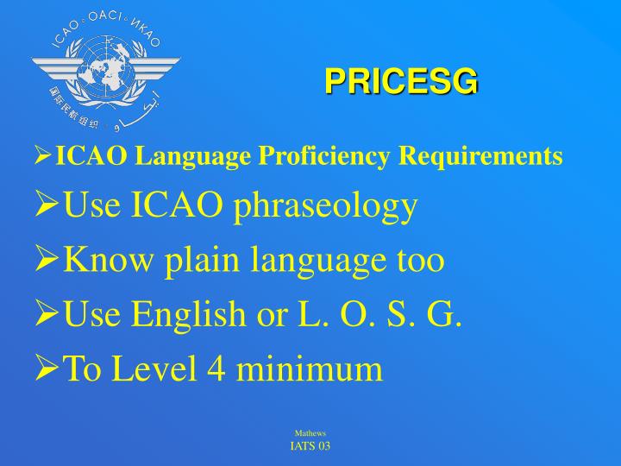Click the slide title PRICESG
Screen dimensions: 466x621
(401, 81)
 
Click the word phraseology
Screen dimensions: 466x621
(332, 207)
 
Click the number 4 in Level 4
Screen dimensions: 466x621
(214, 368)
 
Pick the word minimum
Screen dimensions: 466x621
(310, 368)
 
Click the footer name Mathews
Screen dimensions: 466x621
(310, 433)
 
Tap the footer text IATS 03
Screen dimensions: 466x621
(310, 445)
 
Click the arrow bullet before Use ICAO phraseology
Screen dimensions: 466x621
(47, 208)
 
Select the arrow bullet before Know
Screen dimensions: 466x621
(47, 261)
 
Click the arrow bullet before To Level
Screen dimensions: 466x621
(47, 369)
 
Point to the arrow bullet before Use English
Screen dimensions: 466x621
(47, 315)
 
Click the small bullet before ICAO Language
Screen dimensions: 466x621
(42, 157)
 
